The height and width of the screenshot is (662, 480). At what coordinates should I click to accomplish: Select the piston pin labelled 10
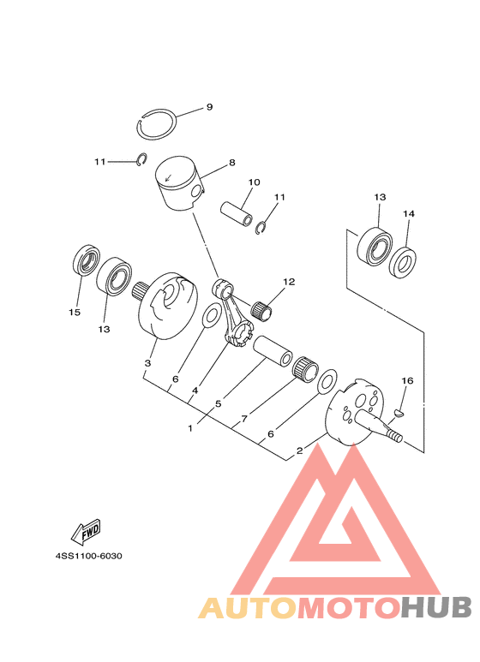tap(237, 214)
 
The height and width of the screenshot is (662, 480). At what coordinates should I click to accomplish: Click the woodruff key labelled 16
tap(399, 414)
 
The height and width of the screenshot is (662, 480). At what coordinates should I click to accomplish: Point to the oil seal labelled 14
tap(402, 263)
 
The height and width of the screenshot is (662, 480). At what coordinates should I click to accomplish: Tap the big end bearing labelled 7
tap(306, 368)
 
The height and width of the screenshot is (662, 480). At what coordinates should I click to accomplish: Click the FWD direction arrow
tap(86, 532)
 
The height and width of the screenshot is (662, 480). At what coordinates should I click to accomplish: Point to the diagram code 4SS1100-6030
tap(89, 556)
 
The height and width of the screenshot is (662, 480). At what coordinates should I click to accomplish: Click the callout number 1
tap(190, 428)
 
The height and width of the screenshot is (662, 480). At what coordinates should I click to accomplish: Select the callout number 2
tap(300, 450)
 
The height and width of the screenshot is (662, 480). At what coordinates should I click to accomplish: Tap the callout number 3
tap(147, 363)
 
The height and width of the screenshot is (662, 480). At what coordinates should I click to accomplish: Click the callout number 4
tap(195, 391)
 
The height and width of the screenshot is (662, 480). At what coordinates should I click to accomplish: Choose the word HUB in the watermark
tap(436, 608)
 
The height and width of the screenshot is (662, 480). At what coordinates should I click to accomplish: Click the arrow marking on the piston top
tap(169, 178)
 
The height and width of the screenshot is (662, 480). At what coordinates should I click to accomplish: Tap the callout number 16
tap(407, 381)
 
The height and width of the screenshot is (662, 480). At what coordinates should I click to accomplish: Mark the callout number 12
tap(289, 282)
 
